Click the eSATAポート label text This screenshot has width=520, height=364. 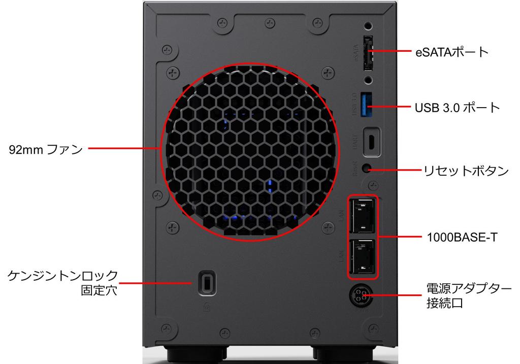(452, 51)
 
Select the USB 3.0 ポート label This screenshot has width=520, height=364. (458, 108)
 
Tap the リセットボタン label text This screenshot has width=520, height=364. (466, 171)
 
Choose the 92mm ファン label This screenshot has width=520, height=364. (46, 149)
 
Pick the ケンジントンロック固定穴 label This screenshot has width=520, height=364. (62, 283)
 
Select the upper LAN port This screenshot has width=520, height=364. (363, 213)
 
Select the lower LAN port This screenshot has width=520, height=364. (363, 257)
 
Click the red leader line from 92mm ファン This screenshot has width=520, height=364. (124, 149)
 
